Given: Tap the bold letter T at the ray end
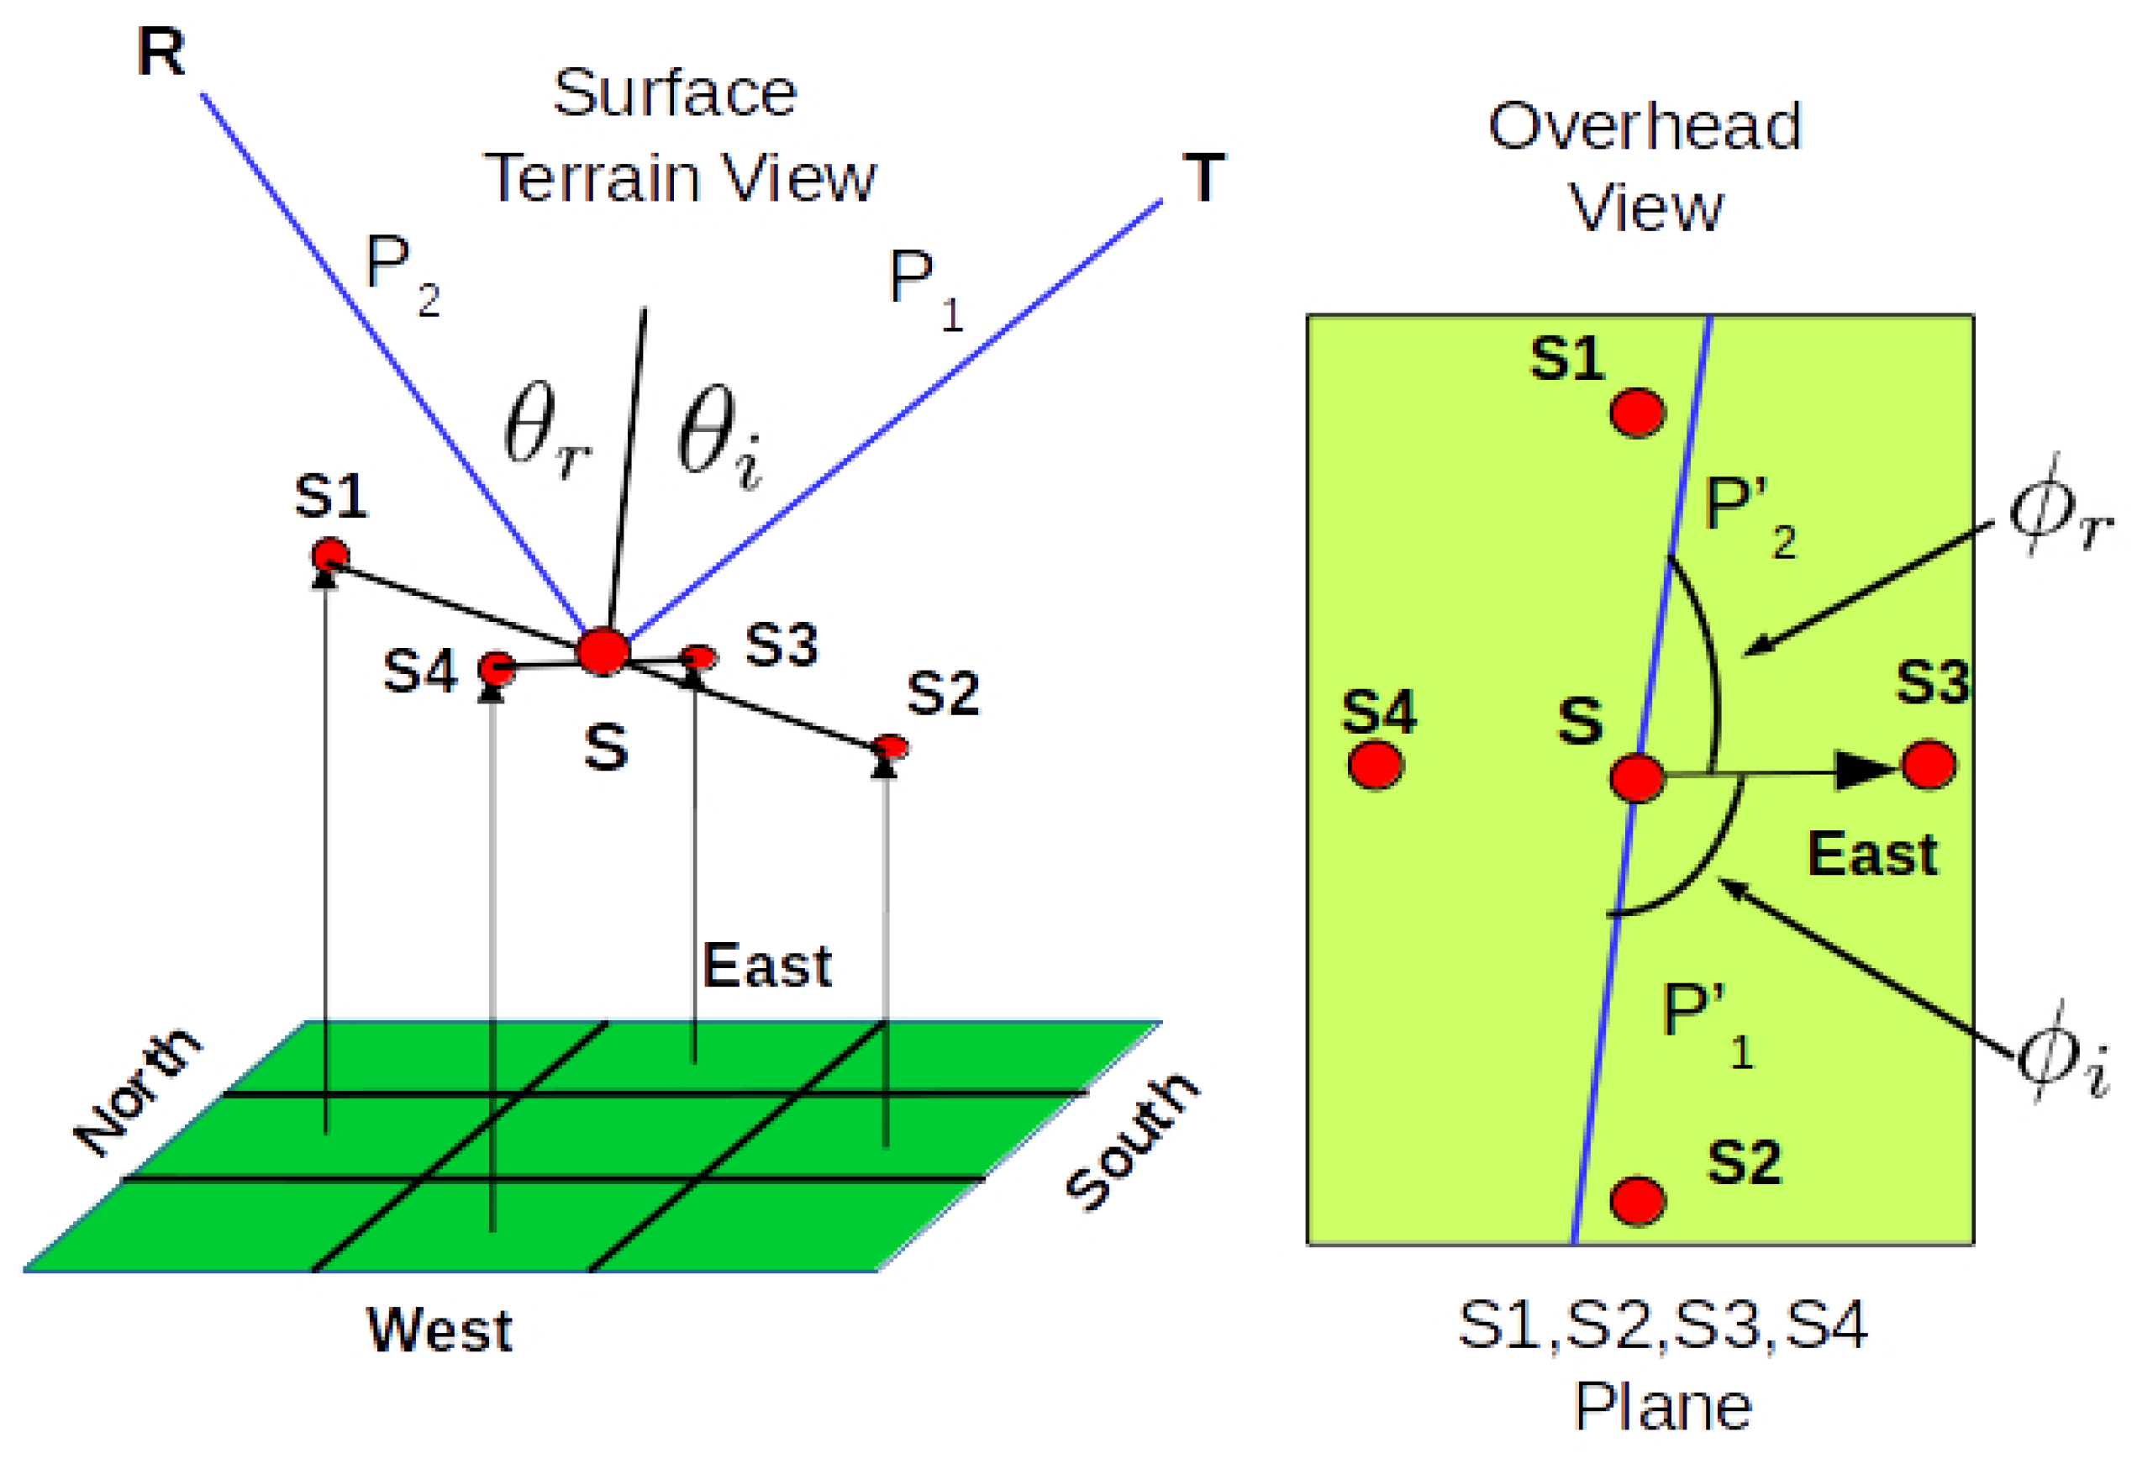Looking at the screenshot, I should click(1203, 176).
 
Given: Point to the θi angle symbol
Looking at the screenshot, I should click(718, 437).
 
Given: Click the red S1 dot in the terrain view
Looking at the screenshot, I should click(330, 556).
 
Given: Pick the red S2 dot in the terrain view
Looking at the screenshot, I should click(890, 745).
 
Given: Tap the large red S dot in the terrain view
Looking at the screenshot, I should click(603, 650).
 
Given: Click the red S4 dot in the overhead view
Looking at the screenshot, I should click(1375, 764).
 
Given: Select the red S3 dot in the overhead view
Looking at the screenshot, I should click(1929, 764).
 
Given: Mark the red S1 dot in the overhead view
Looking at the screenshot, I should click(1638, 411).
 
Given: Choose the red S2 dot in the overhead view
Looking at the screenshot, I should click(1638, 1200).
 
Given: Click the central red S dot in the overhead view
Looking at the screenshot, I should click(1637, 777).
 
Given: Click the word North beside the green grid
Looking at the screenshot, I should click(136, 1092).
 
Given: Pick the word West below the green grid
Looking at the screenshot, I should click(440, 1330).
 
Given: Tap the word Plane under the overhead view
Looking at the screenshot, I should click(1662, 1407).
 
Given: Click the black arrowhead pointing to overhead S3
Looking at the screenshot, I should click(1866, 771).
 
